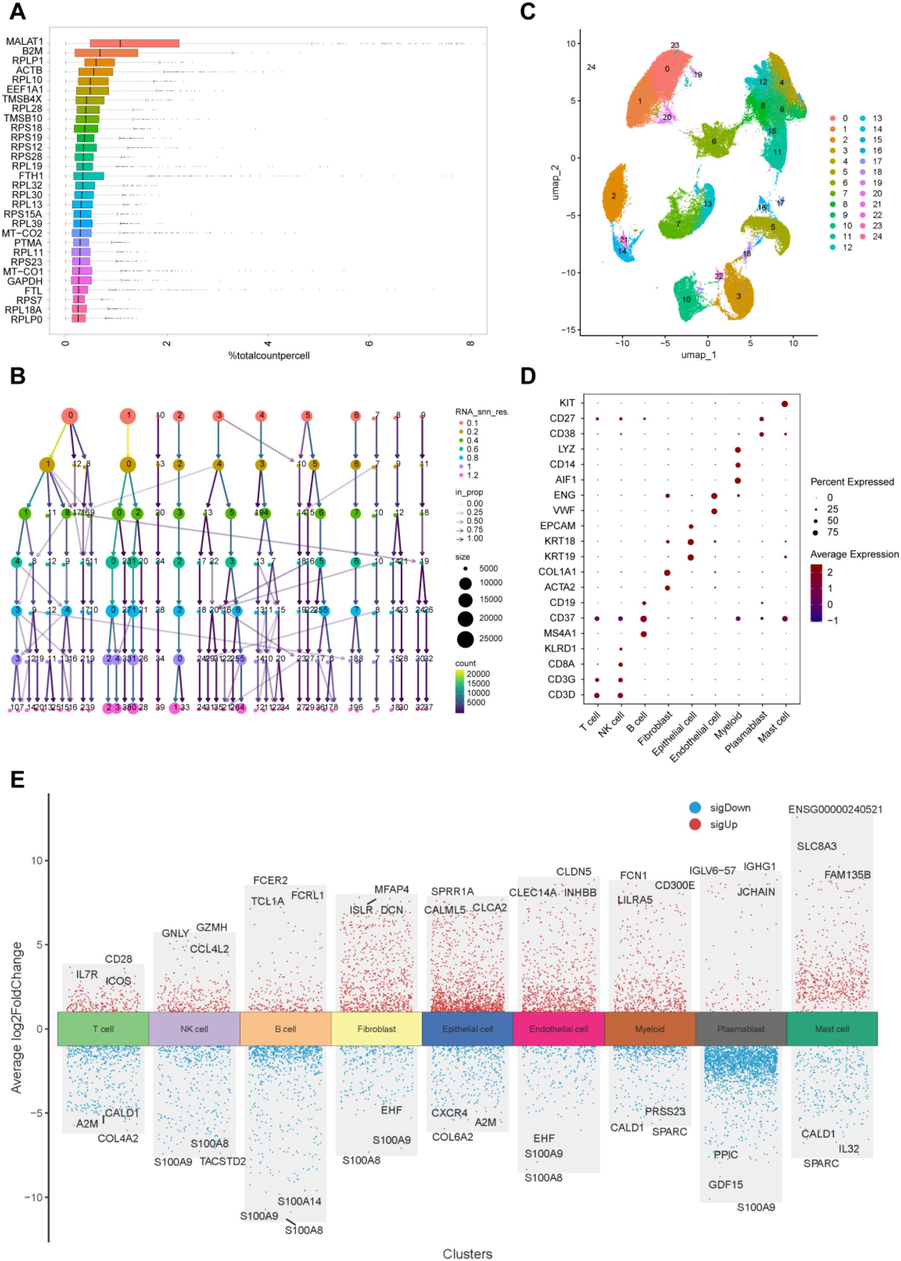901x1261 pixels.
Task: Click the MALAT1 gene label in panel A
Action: click(24, 42)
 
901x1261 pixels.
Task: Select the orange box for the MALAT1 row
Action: click(134, 43)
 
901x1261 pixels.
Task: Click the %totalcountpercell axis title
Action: click(268, 355)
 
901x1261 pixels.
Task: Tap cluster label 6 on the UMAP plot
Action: click(714, 142)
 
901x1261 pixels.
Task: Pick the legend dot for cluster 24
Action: click(864, 236)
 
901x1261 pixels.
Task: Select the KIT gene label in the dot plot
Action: click(567, 403)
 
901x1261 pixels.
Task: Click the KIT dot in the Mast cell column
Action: click(785, 404)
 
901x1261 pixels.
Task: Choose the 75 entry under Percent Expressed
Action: click(832, 532)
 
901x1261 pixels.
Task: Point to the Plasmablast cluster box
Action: click(741, 1029)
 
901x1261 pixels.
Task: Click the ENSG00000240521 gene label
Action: click(835, 810)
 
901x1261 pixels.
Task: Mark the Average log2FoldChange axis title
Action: click(17, 1017)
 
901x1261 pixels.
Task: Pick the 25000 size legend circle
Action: click(465, 639)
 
